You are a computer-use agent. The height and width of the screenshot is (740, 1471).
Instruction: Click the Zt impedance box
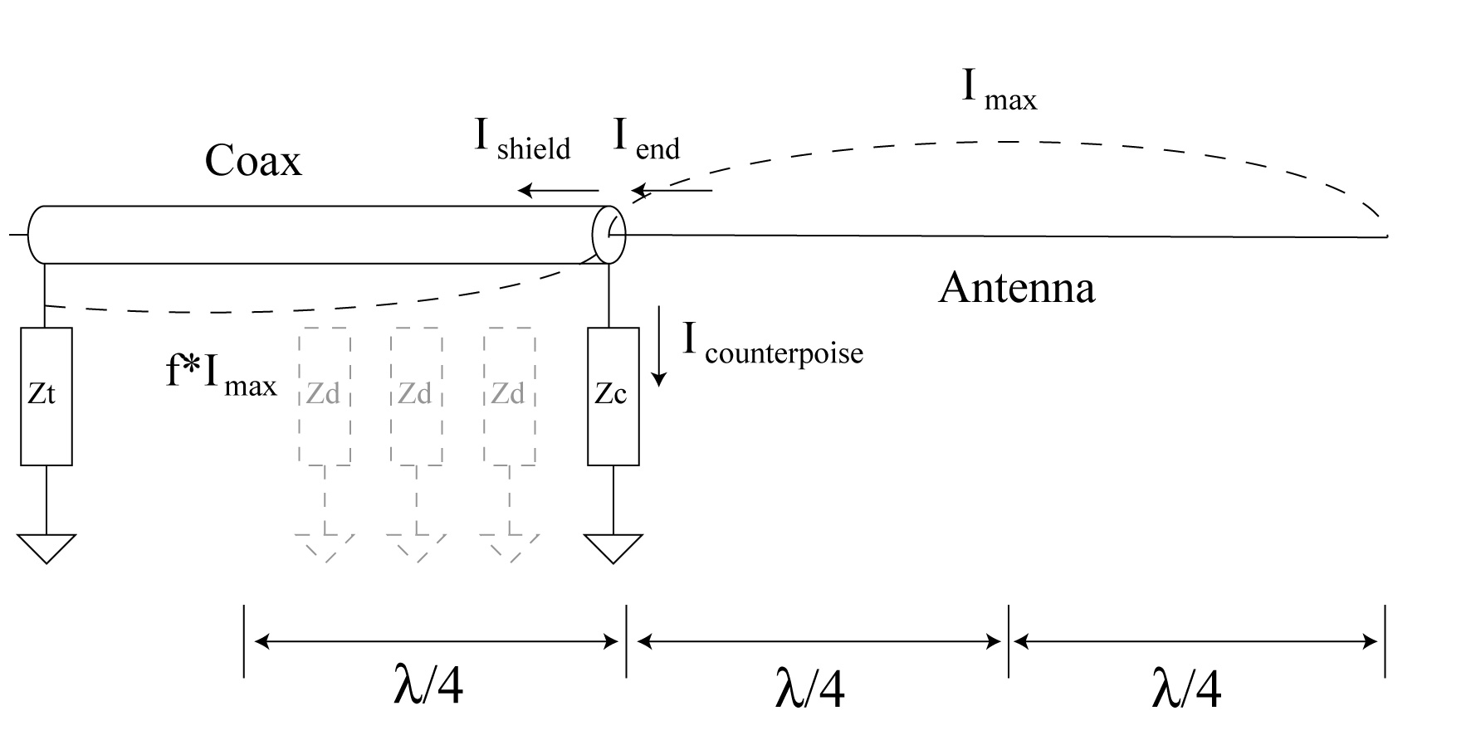(x=46, y=396)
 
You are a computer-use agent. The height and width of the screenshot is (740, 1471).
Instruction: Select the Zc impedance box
(x=613, y=396)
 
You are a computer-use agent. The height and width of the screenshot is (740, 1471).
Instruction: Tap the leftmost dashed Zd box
(x=324, y=396)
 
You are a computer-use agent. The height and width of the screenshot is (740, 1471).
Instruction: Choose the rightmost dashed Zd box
(x=510, y=396)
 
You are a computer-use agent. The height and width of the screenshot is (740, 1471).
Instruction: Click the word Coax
(x=252, y=160)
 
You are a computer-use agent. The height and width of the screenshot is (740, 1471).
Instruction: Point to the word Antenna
(x=1016, y=288)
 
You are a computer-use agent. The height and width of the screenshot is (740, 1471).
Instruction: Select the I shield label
(x=521, y=139)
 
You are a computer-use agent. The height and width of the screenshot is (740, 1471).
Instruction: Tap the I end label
(x=646, y=139)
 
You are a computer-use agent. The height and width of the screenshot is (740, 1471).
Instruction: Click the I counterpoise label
(x=773, y=342)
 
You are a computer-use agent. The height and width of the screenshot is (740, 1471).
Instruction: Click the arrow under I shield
(x=558, y=191)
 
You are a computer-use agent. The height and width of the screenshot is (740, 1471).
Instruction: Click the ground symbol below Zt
(x=46, y=548)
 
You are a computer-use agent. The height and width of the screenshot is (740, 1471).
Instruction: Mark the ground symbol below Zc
(x=613, y=548)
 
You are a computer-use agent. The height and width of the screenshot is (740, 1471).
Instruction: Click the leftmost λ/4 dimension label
(x=428, y=687)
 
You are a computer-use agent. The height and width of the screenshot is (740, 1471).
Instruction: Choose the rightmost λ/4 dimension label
(x=1187, y=689)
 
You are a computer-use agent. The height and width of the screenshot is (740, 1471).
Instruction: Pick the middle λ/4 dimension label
(x=810, y=689)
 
